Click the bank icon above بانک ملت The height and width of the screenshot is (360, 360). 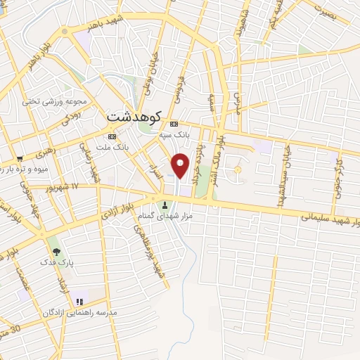pos(111,136)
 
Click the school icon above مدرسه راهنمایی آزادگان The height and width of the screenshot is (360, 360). pos(79,302)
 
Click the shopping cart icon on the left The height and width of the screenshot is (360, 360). pos(19,158)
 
